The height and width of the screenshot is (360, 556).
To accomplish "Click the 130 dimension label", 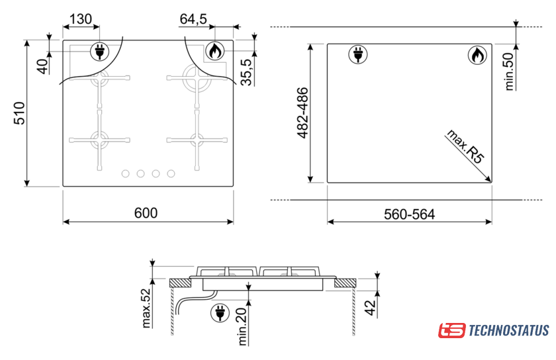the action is (x=81, y=19).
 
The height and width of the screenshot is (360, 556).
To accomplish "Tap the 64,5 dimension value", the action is (x=193, y=19).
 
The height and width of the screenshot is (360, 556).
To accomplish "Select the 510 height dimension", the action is (x=19, y=113).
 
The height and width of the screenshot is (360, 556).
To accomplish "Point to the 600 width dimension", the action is (x=146, y=213).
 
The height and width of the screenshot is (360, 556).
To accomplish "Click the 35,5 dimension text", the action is (x=246, y=72).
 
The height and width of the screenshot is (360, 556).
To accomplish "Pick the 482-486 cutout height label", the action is (x=302, y=112).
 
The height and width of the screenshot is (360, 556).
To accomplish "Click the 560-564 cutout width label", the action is (x=409, y=214).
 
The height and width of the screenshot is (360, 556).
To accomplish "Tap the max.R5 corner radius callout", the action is (x=465, y=146).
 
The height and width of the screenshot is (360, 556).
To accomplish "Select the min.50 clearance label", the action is (x=509, y=71).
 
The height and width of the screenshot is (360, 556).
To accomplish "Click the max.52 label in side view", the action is (x=146, y=308).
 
